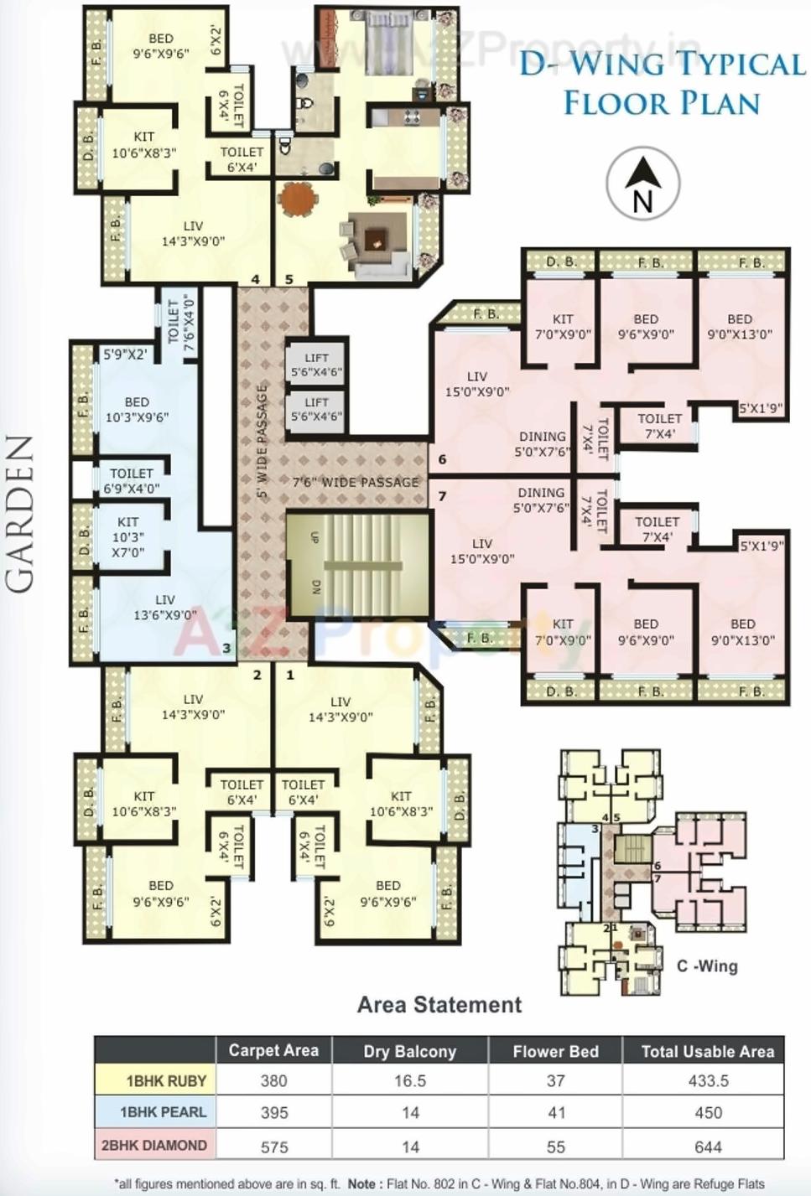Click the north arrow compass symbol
(642, 184)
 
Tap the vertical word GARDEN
(20, 514)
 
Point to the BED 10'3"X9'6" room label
(137, 410)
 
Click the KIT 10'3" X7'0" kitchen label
(127, 537)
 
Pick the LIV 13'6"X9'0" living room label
(164, 607)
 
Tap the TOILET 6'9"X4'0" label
(132, 480)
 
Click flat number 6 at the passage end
(442, 458)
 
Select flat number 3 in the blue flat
(226, 647)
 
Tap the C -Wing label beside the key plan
(707, 966)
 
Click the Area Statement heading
(439, 1004)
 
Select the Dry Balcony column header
(409, 1051)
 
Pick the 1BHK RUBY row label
(165, 1081)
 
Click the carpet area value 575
(273, 1146)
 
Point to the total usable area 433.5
(708, 1081)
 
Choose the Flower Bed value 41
(556, 1113)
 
